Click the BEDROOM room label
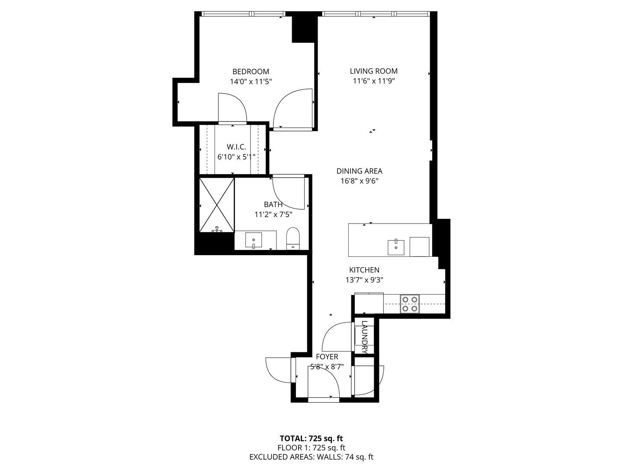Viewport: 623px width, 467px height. pos(250,72)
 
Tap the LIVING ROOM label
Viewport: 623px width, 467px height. pos(373,71)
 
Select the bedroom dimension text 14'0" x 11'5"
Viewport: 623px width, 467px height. pos(250,81)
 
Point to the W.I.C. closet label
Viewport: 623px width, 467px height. pos(236,147)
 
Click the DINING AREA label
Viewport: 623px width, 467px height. pos(359,171)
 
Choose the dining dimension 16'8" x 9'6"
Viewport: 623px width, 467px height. pos(359,181)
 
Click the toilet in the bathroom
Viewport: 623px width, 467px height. pos(293,239)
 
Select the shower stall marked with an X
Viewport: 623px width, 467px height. pos(216,205)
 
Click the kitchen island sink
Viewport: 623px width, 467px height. pos(395,247)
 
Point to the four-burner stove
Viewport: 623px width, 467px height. pos(409,304)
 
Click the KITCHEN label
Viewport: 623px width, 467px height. pos(364,270)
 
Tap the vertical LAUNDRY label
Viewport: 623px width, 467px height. pos(364,337)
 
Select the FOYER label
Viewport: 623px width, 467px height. pos(327,357)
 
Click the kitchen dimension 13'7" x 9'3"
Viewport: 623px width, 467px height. pos(364,280)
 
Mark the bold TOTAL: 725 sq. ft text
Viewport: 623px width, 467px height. pos(311,438)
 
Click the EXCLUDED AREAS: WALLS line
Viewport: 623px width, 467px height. pos(311,457)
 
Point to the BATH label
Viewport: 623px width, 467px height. pos(273,205)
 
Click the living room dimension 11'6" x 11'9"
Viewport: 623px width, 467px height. pos(373,81)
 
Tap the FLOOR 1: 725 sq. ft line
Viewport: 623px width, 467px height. pos(311,448)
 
